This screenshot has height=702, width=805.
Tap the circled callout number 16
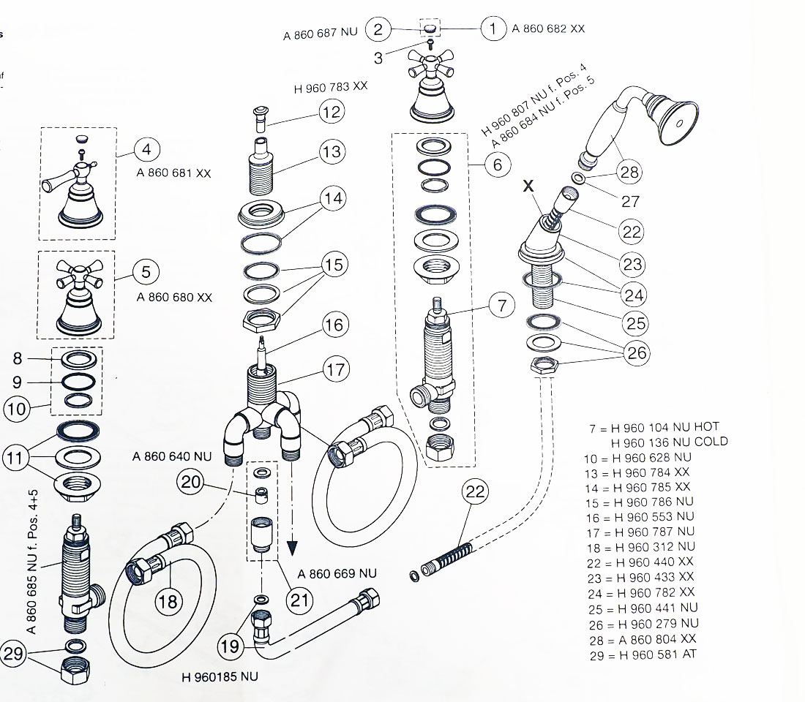pyautogui.click(x=334, y=325)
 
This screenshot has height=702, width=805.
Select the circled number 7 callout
pyautogui.click(x=502, y=306)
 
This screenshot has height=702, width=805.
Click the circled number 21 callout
pyautogui.click(x=296, y=600)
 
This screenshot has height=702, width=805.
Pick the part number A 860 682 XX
pyautogui.click(x=548, y=29)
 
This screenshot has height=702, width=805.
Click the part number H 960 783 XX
pyautogui.click(x=331, y=87)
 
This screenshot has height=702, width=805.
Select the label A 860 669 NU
pyautogui.click(x=337, y=574)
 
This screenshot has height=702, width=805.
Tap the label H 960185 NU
pyautogui.click(x=220, y=677)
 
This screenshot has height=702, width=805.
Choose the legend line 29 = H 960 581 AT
pyautogui.click(x=642, y=654)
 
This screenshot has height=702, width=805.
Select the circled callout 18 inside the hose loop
pyautogui.click(x=167, y=601)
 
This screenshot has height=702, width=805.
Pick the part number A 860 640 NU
pyautogui.click(x=172, y=456)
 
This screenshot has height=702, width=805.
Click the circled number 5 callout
pyautogui.click(x=146, y=272)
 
